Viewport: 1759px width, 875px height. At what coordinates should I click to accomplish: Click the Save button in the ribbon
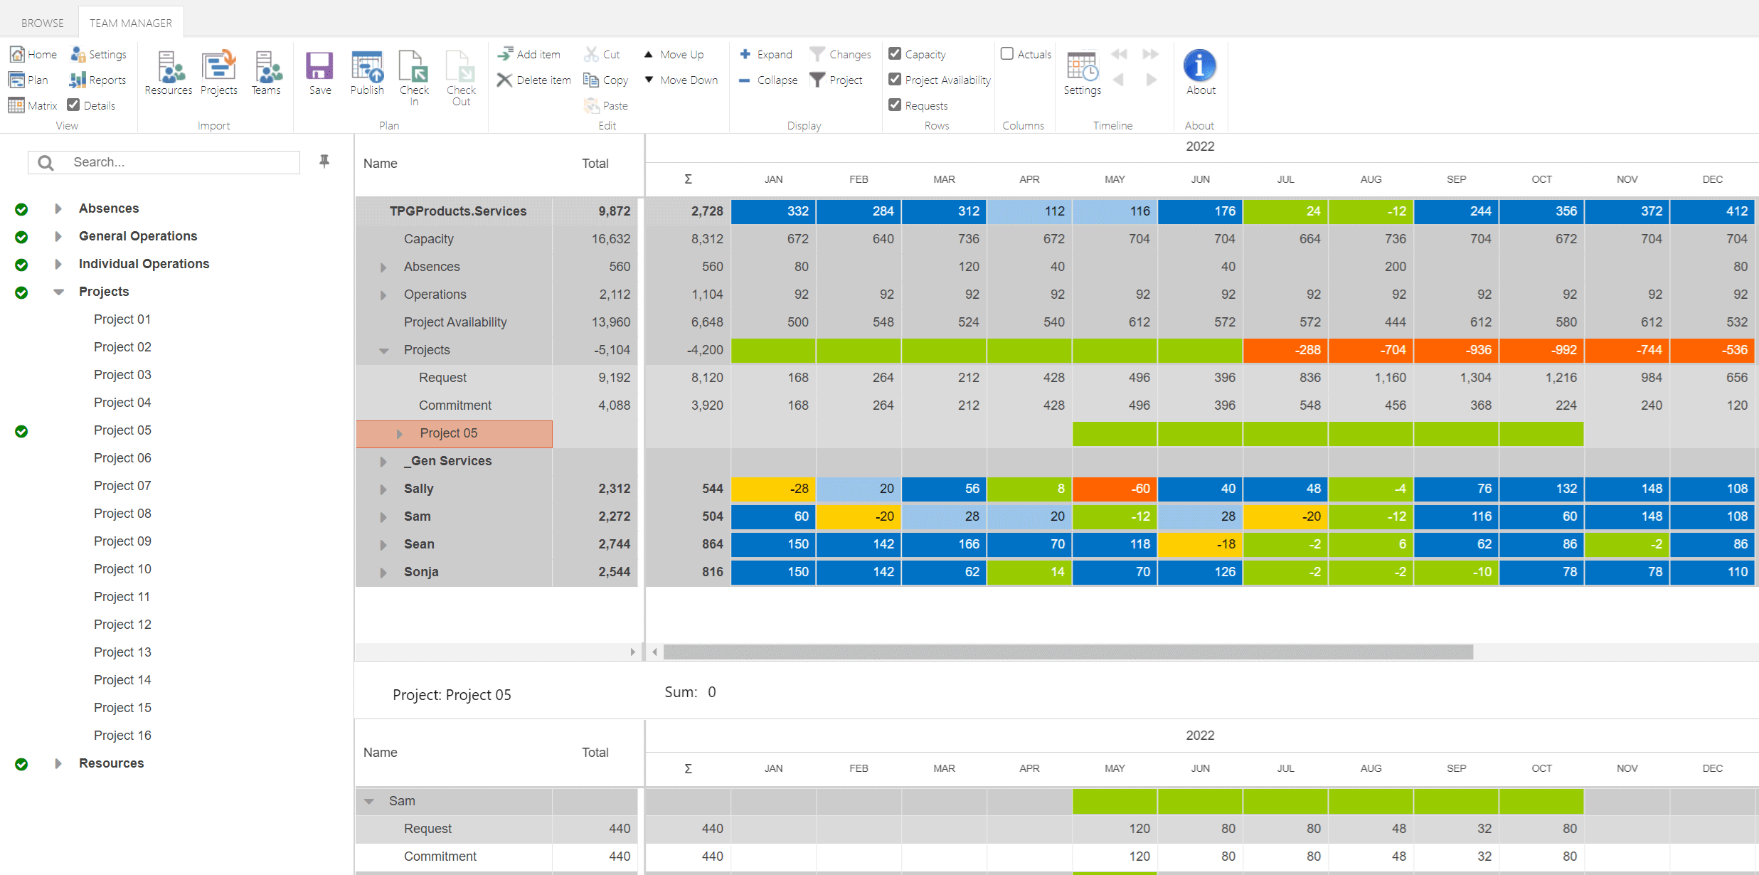319,72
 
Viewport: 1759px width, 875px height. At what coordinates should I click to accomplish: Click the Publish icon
367,72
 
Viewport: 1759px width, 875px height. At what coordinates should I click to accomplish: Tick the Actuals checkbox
1007,54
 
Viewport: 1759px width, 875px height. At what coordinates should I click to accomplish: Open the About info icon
1200,66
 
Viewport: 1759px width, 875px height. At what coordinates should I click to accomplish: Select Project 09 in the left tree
122,541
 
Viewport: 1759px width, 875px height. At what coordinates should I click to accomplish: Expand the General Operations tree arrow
58,236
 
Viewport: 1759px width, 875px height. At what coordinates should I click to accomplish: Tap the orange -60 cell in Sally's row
1115,489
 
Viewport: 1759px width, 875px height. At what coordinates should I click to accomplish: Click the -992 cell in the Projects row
1541,350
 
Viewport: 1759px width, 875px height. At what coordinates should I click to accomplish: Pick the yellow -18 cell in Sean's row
1200,544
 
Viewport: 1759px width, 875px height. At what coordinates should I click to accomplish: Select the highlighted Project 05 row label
449,433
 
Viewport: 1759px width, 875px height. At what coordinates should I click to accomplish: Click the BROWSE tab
43,23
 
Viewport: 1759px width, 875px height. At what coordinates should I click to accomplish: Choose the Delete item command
534,80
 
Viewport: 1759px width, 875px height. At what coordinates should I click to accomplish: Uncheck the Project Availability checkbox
895,80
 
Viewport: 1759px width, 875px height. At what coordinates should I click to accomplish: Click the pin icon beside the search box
324,161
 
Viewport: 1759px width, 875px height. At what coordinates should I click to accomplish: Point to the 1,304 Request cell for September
1456,378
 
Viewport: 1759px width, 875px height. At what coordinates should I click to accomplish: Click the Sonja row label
421,572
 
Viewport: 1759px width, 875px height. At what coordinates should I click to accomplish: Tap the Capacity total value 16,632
610,239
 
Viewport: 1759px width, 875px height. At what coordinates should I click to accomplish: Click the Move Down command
681,80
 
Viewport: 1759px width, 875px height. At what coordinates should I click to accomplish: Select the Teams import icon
267,72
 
